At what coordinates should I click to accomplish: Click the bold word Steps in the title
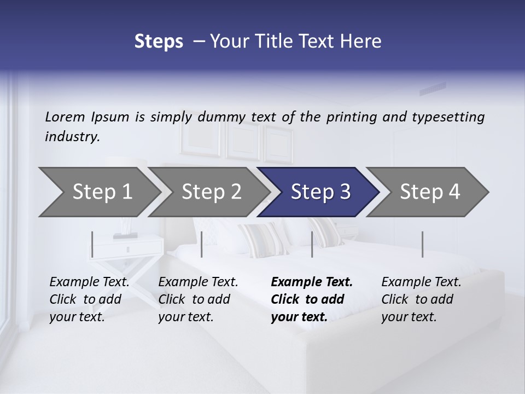tap(159, 41)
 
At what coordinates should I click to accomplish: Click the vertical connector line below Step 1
tap(92, 244)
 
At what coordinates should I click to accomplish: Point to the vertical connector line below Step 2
tap(202, 244)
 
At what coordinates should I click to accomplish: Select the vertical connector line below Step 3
tap(312, 244)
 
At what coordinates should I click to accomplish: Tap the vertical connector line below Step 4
tap(422, 244)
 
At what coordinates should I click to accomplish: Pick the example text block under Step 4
tap(421, 299)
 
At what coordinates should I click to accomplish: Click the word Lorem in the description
tap(65, 117)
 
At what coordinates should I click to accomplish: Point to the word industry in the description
tap(72, 136)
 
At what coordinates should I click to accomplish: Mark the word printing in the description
tap(352, 117)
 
